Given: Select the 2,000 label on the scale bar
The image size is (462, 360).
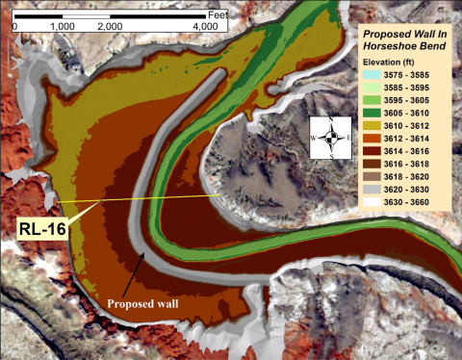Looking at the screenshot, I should (x=110, y=27).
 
